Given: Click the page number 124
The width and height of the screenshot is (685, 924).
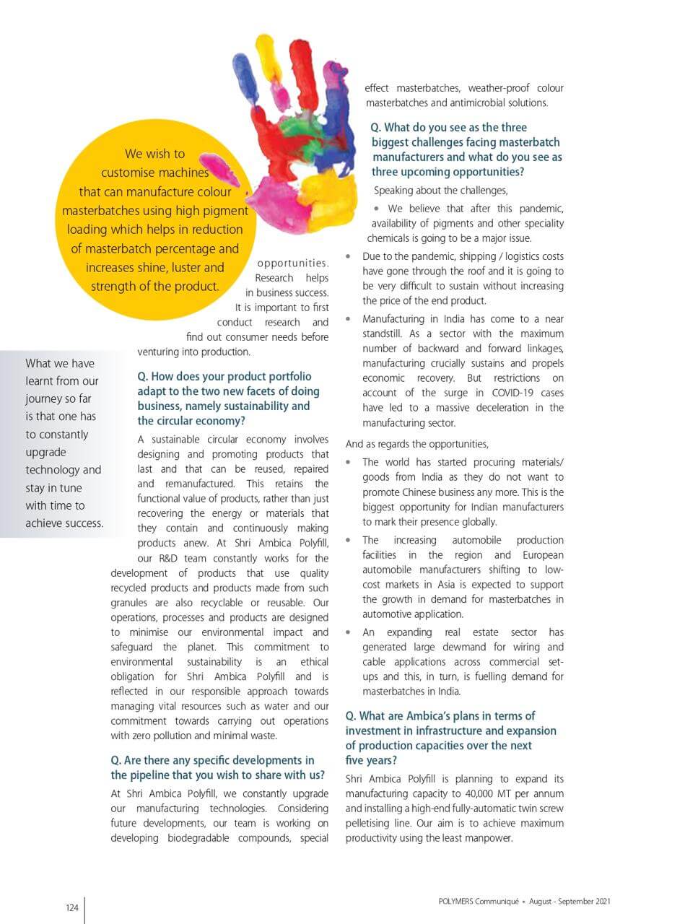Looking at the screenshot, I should (x=71, y=908).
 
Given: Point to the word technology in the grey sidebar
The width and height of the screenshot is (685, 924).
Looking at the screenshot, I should (x=64, y=470).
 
